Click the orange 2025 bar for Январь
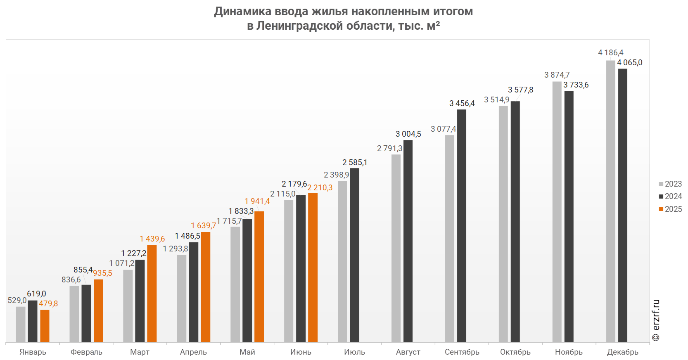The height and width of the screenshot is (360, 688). point(45,326)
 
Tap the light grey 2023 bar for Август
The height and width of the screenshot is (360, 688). point(396,248)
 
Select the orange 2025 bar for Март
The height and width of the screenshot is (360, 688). point(152,293)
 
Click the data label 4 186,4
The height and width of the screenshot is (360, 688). point(610,52)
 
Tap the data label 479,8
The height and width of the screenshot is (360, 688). point(48,303)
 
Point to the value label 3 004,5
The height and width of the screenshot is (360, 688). point(408,134)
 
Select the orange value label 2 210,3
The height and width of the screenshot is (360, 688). point(320,187)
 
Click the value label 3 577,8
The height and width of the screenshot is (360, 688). point(520,90)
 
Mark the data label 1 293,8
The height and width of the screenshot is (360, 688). point(175,249)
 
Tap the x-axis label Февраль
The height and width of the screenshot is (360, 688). point(86,352)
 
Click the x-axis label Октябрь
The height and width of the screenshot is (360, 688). point(515,352)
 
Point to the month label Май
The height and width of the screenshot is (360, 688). point(247,352)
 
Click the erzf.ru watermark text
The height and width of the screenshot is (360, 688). point(656,320)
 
